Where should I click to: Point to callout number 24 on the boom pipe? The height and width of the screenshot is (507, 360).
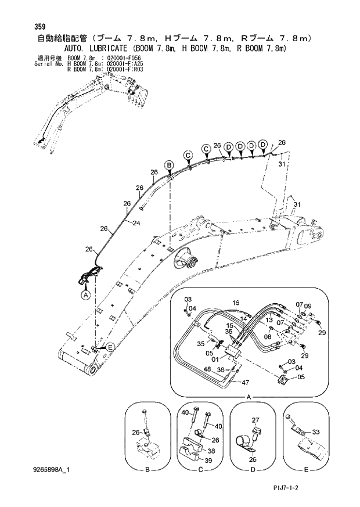[136, 224]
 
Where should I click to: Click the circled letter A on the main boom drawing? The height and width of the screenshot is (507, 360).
[86, 295]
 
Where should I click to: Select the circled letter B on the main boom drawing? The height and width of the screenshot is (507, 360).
[168, 165]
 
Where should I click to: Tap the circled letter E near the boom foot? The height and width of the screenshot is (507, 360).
[109, 347]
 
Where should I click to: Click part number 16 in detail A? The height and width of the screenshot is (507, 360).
[236, 303]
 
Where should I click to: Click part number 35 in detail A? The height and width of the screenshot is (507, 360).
[200, 344]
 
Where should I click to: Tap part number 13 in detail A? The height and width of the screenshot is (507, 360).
[269, 320]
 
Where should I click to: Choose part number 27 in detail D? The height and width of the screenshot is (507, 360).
[254, 420]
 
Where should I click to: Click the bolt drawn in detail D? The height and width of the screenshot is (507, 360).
[254, 433]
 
